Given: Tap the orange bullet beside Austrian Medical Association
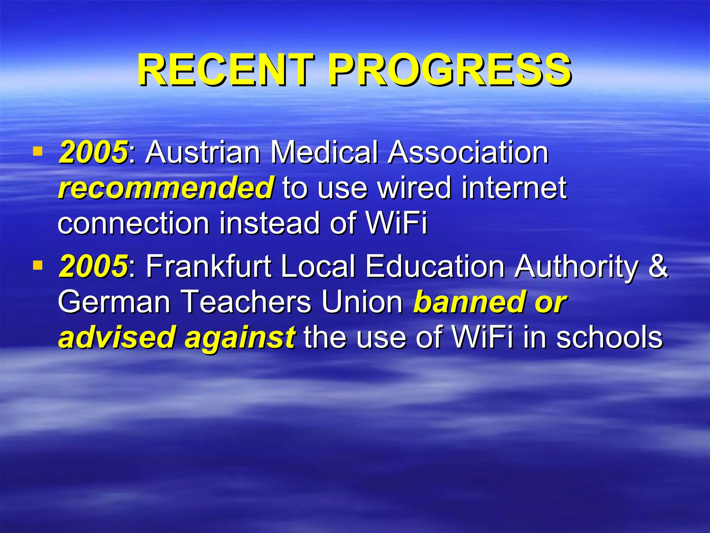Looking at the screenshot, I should pos(37,152).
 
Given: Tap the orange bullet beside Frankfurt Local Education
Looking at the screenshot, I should pos(37,266).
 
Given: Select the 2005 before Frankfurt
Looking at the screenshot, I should pos(93,266).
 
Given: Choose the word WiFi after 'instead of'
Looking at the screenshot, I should pos(397,223).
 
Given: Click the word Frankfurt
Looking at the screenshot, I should pos(208,266).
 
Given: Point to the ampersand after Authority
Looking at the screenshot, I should pos(658,266).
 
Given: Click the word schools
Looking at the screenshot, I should pos(609,337).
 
